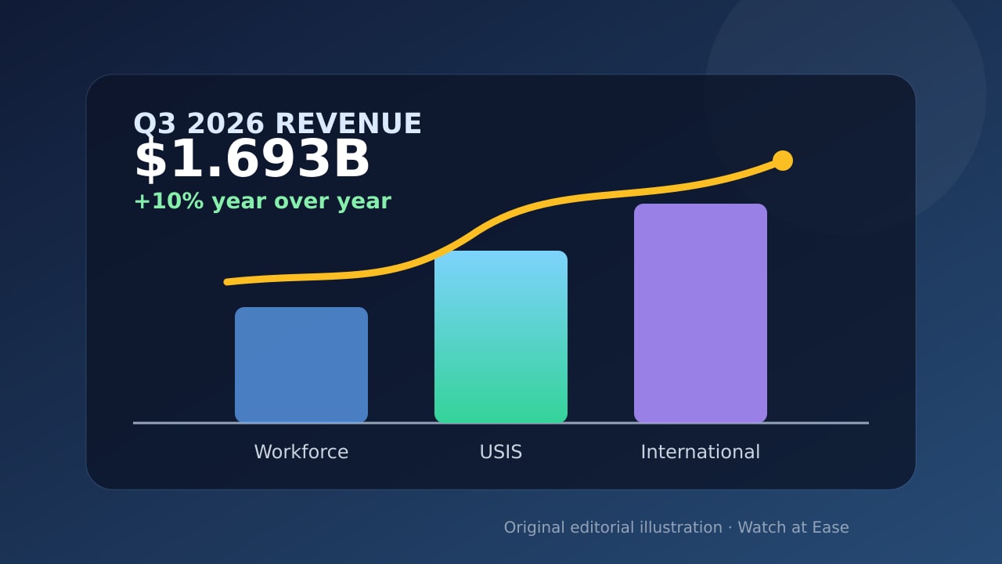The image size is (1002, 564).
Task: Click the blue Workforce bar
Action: pyautogui.click(x=301, y=365)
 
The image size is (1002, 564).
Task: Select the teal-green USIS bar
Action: pyautogui.click(x=500, y=337)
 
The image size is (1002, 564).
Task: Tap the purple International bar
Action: pyautogui.click(x=700, y=313)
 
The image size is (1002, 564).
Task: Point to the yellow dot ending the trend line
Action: pyautogui.click(x=782, y=161)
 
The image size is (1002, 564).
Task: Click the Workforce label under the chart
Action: pyautogui.click(x=301, y=452)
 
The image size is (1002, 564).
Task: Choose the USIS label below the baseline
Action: pyautogui.click(x=500, y=452)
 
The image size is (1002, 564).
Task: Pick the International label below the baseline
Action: pyautogui.click(x=700, y=452)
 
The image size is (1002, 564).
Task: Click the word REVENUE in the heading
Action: pyautogui.click(x=348, y=124)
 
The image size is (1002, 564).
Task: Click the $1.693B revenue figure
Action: pyautogui.click(x=252, y=159)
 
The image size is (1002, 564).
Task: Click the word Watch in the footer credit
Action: pyautogui.click(x=762, y=527)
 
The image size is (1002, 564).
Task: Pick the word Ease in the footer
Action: pyautogui.click(x=831, y=527)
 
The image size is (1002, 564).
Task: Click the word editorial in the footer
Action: pyautogui.click(x=602, y=527)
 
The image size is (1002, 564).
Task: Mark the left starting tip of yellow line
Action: pyautogui.click(x=227, y=282)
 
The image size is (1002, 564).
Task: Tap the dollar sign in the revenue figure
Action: pyautogui.click(x=150, y=159)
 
